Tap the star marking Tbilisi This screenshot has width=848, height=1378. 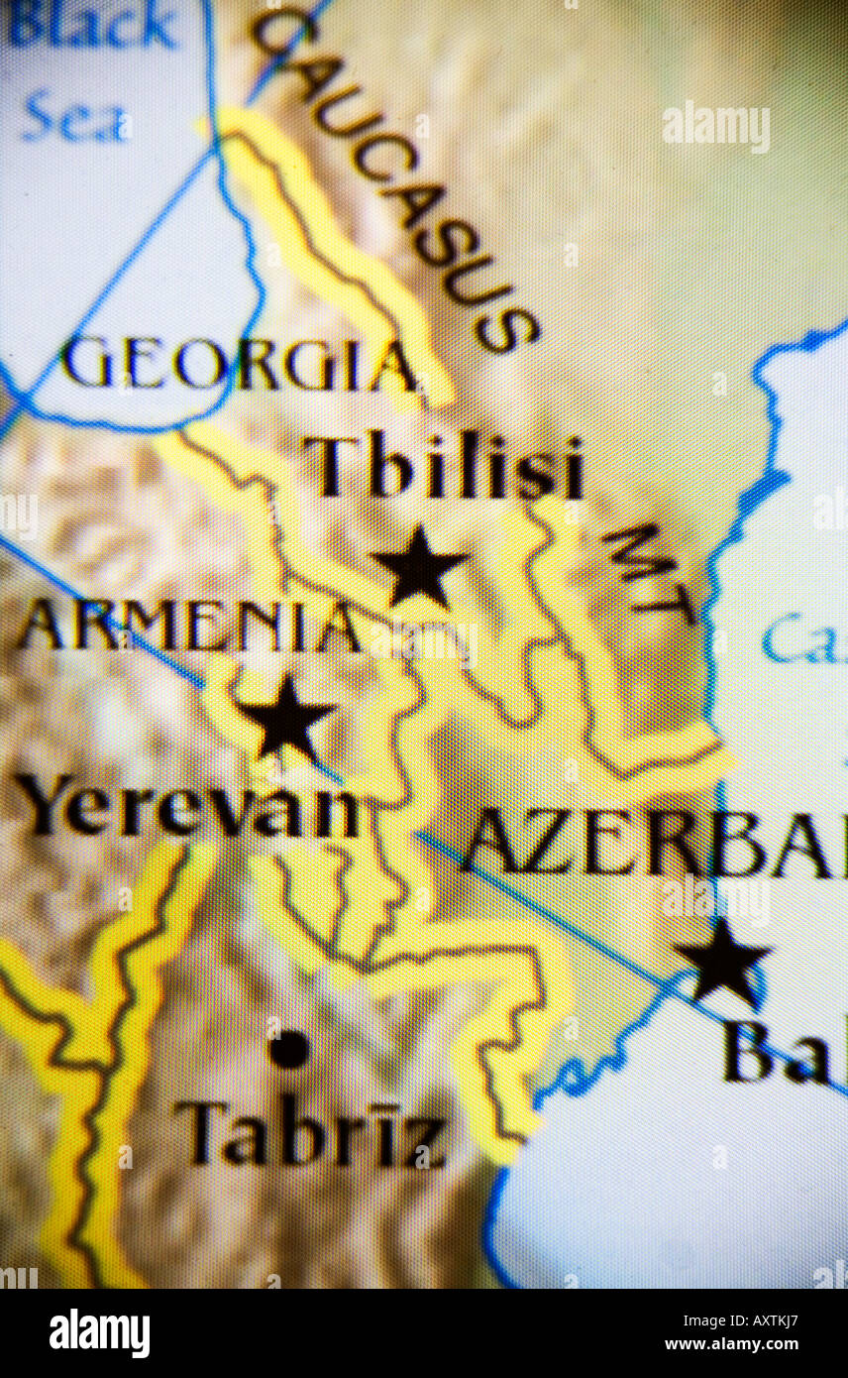419,567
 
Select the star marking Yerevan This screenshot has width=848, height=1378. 285,718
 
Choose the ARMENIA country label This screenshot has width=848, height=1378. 188,627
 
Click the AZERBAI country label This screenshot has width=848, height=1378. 654,843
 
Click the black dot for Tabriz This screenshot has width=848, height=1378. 288,1049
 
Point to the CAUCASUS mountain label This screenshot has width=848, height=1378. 396,178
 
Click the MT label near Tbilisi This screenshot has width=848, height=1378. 649,570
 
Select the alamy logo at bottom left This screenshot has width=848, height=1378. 99,1333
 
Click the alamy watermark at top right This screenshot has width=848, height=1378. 716,127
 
